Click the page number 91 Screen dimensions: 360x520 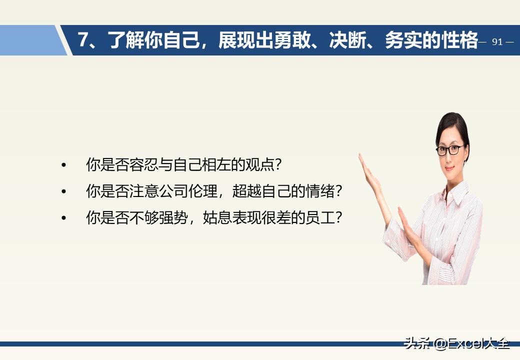pos(497,42)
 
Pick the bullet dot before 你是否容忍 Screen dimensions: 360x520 pos(63,164)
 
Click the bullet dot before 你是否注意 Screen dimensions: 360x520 pos(63,191)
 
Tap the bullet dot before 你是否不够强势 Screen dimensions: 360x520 pos(63,218)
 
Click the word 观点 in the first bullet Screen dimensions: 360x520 pos(260,164)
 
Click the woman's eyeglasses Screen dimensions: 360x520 pos(450,149)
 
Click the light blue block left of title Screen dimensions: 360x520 pos(30,40)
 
